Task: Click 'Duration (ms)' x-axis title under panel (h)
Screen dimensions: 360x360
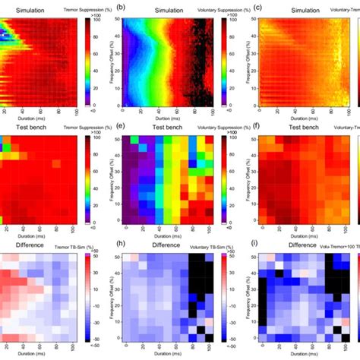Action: coord(174,355)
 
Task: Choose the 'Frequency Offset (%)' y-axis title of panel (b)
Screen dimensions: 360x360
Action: coord(118,61)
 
